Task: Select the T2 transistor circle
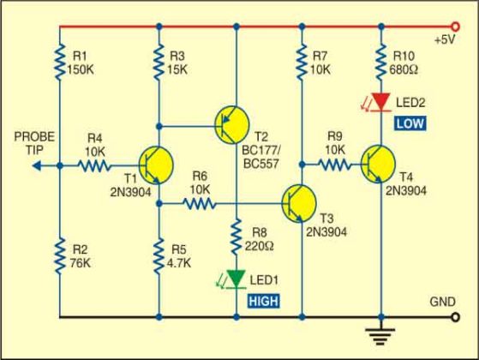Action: (x=231, y=125)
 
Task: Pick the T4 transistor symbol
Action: (x=374, y=163)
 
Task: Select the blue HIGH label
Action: (x=263, y=301)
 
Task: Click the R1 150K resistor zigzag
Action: (x=59, y=61)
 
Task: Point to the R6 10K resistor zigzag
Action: (x=199, y=204)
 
